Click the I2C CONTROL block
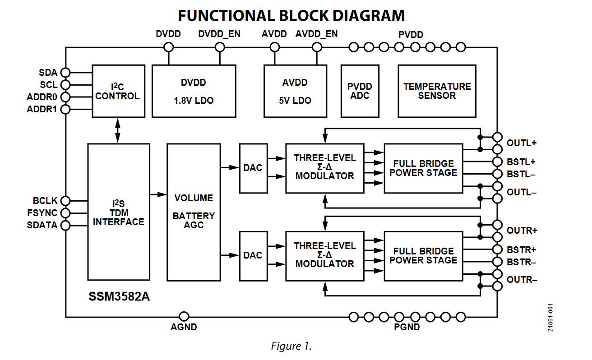118,91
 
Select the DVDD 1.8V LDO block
194,91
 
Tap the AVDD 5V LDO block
295,91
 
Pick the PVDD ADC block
360,91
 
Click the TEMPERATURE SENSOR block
437,91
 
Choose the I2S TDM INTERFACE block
119,212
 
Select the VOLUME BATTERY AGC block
194,212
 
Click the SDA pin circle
65,73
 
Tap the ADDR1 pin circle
65,109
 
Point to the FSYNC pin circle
65,213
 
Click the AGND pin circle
184,317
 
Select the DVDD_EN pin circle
220,47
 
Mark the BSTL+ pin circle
497,162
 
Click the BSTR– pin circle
497,262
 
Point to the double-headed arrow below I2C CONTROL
118,130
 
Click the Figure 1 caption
291,346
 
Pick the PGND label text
407,327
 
